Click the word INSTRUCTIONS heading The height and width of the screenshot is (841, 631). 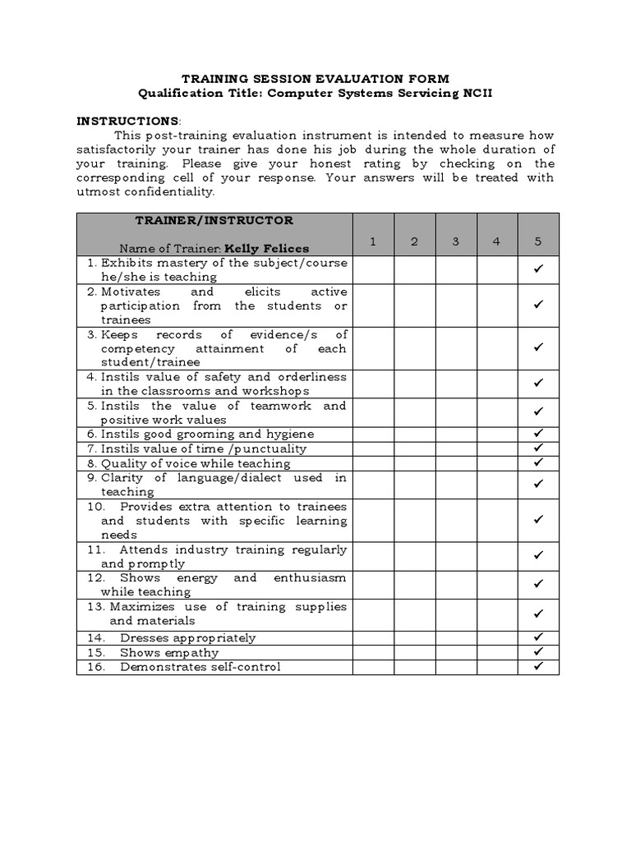[x=127, y=121]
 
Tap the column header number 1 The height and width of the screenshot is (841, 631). [x=373, y=241]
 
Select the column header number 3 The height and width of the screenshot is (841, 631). [x=456, y=241]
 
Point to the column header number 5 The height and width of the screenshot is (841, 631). [x=538, y=241]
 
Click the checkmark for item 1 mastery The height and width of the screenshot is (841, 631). [x=539, y=270]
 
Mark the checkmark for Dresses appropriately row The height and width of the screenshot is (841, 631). [x=539, y=637]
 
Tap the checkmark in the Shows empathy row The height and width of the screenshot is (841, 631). [x=539, y=652]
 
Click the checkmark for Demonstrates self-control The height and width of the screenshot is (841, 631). [x=539, y=666]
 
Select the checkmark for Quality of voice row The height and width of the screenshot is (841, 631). [x=539, y=462]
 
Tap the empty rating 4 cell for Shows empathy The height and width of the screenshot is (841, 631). [x=497, y=652]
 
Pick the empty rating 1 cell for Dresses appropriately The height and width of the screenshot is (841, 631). [x=373, y=637]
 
